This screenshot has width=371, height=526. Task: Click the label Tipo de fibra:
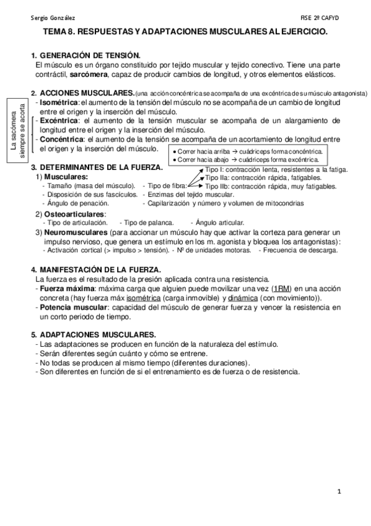(x=165, y=185)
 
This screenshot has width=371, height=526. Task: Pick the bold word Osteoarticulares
(x=74, y=214)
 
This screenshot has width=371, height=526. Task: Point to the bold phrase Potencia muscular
(x=72, y=307)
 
